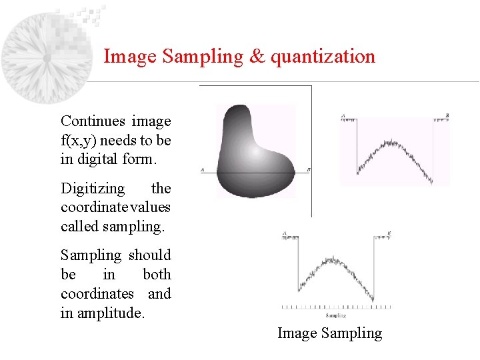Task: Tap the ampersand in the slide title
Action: (257, 56)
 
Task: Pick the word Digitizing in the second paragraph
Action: (93, 189)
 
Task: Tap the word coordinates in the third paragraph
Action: (97, 293)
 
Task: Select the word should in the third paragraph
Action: (150, 255)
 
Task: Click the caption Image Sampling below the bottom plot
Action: (329, 333)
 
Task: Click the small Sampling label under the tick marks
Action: (335, 315)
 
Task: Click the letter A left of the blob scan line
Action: (202, 171)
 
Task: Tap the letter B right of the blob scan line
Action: (308, 171)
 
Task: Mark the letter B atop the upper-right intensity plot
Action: (447, 115)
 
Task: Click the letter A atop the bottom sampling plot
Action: (285, 233)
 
